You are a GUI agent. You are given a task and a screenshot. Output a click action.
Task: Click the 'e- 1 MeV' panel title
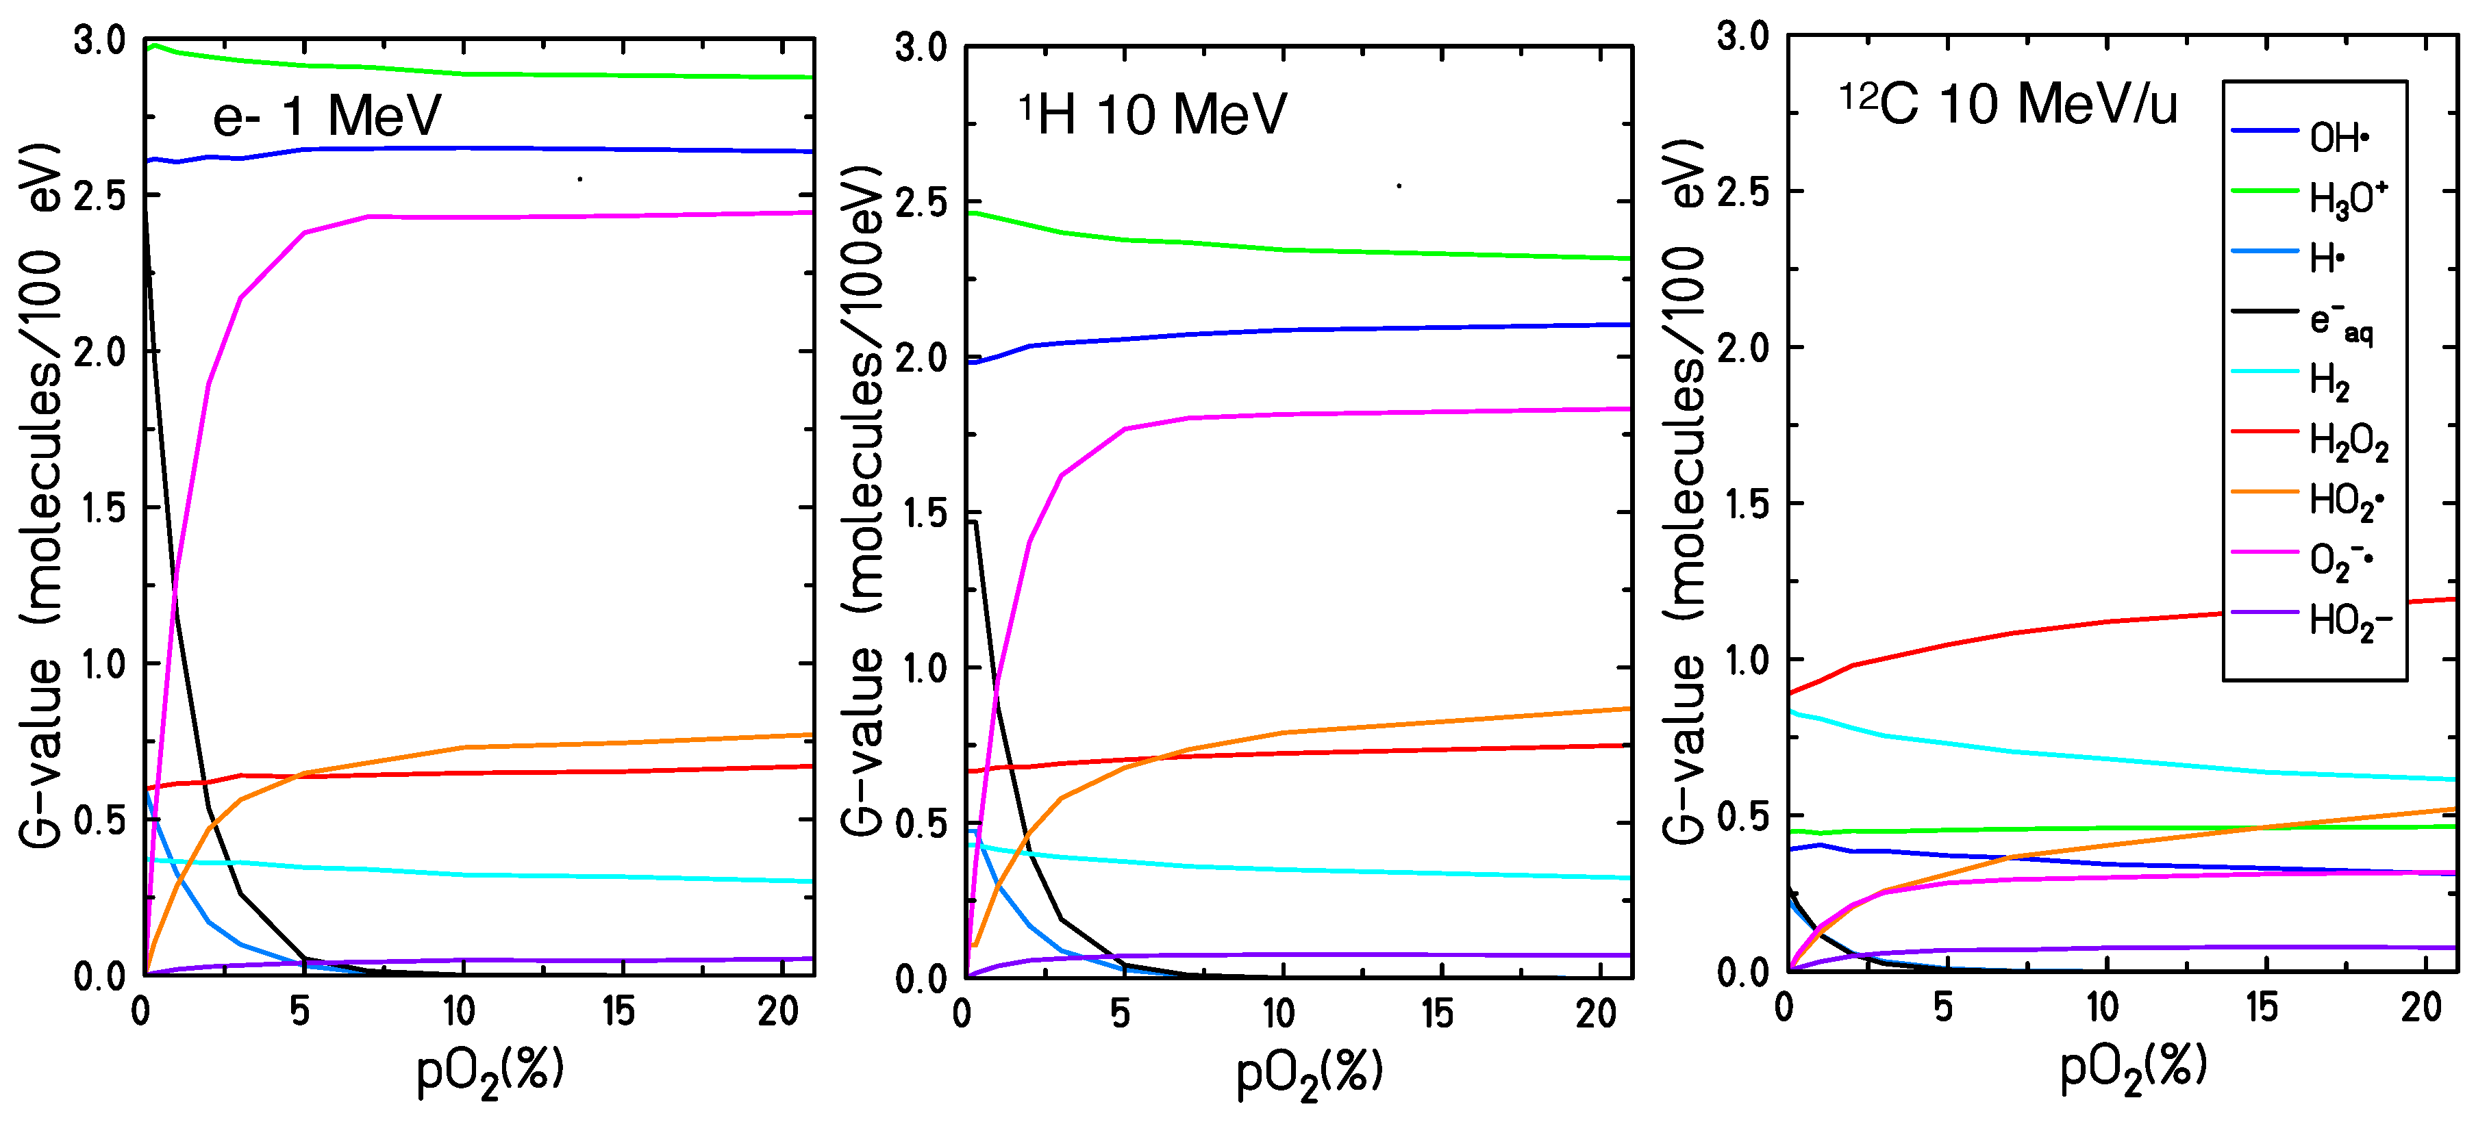point(326,116)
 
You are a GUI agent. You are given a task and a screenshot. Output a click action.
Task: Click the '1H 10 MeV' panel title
point(1153,114)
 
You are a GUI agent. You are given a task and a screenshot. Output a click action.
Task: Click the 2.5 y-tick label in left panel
point(100,195)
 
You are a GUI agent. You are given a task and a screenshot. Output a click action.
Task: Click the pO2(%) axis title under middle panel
point(1309,1073)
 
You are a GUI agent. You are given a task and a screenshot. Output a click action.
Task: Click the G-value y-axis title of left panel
point(40,495)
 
